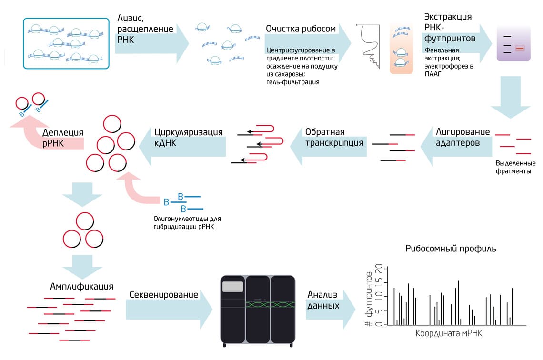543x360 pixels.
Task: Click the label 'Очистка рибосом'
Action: (301, 29)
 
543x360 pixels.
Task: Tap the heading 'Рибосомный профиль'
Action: (451, 249)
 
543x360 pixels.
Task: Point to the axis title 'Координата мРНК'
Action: (449, 333)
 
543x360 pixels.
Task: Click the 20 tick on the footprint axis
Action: (379, 268)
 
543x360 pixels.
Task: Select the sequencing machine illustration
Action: (258, 310)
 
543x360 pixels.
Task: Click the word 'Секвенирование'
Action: (163, 295)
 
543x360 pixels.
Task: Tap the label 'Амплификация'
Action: (81, 287)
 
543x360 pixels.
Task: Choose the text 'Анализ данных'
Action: (323, 300)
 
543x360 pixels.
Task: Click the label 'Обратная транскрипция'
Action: (334, 138)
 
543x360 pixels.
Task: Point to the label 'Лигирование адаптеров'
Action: (463, 137)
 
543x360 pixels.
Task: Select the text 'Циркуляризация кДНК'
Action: (189, 138)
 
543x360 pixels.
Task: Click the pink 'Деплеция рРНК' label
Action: (63, 138)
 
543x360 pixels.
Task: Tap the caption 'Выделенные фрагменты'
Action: (515, 167)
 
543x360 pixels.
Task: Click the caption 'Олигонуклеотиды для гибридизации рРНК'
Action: (187, 222)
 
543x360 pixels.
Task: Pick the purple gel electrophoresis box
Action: (513, 43)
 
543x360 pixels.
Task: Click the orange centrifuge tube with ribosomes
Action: (402, 49)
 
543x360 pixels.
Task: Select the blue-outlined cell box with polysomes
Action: (66, 44)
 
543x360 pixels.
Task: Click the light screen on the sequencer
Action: (232, 287)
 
